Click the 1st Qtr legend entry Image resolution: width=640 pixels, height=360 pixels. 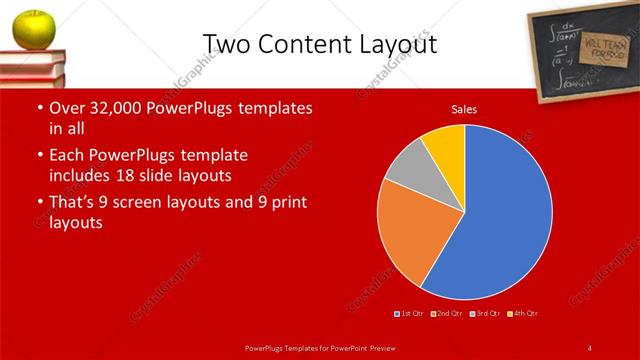[411, 314]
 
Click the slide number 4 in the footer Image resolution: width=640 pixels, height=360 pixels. [589, 347]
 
